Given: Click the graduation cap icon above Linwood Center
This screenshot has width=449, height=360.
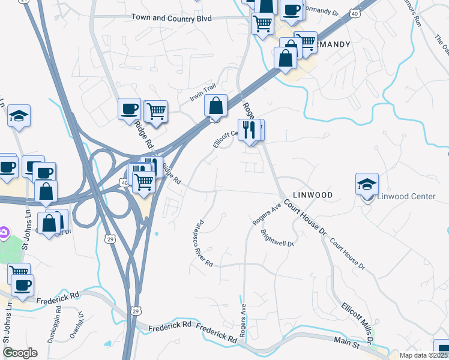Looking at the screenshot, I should pyautogui.click(x=367, y=185).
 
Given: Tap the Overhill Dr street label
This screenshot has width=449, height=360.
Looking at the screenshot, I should pyautogui.click(x=75, y=325).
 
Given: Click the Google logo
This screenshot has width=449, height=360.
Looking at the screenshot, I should pyautogui.click(x=20, y=353).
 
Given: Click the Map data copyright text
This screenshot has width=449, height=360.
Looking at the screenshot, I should pyautogui.click(x=423, y=355).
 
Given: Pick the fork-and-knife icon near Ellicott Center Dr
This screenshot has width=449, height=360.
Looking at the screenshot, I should pyautogui.click(x=249, y=130).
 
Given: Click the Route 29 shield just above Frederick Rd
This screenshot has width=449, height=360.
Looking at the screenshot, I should pyautogui.click(x=136, y=311).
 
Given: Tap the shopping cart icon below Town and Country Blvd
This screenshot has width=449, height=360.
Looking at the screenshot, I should pyautogui.click(x=263, y=25).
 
